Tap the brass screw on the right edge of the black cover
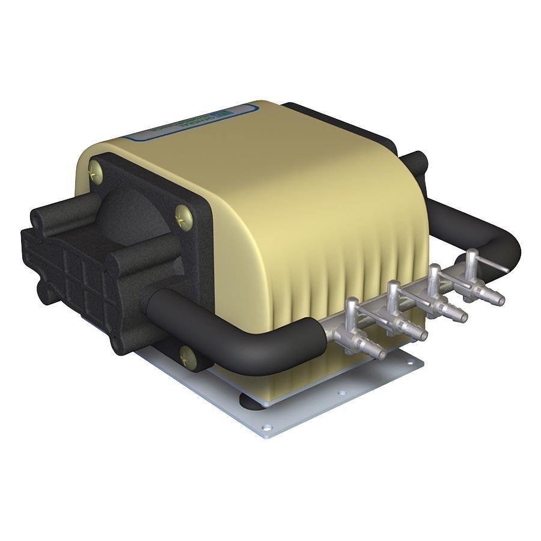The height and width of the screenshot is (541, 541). (183, 215)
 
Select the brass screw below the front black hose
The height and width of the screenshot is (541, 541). (188, 356)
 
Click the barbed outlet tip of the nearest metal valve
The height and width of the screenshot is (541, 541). (378, 353)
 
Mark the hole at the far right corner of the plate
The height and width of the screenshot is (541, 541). (411, 362)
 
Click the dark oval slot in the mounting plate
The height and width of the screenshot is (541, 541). (252, 400)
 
